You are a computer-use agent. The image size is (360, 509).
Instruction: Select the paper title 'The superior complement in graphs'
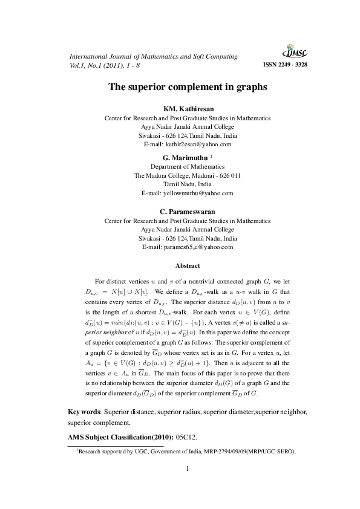pos(187,87)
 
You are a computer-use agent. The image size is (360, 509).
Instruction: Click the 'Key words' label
pos(83,412)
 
